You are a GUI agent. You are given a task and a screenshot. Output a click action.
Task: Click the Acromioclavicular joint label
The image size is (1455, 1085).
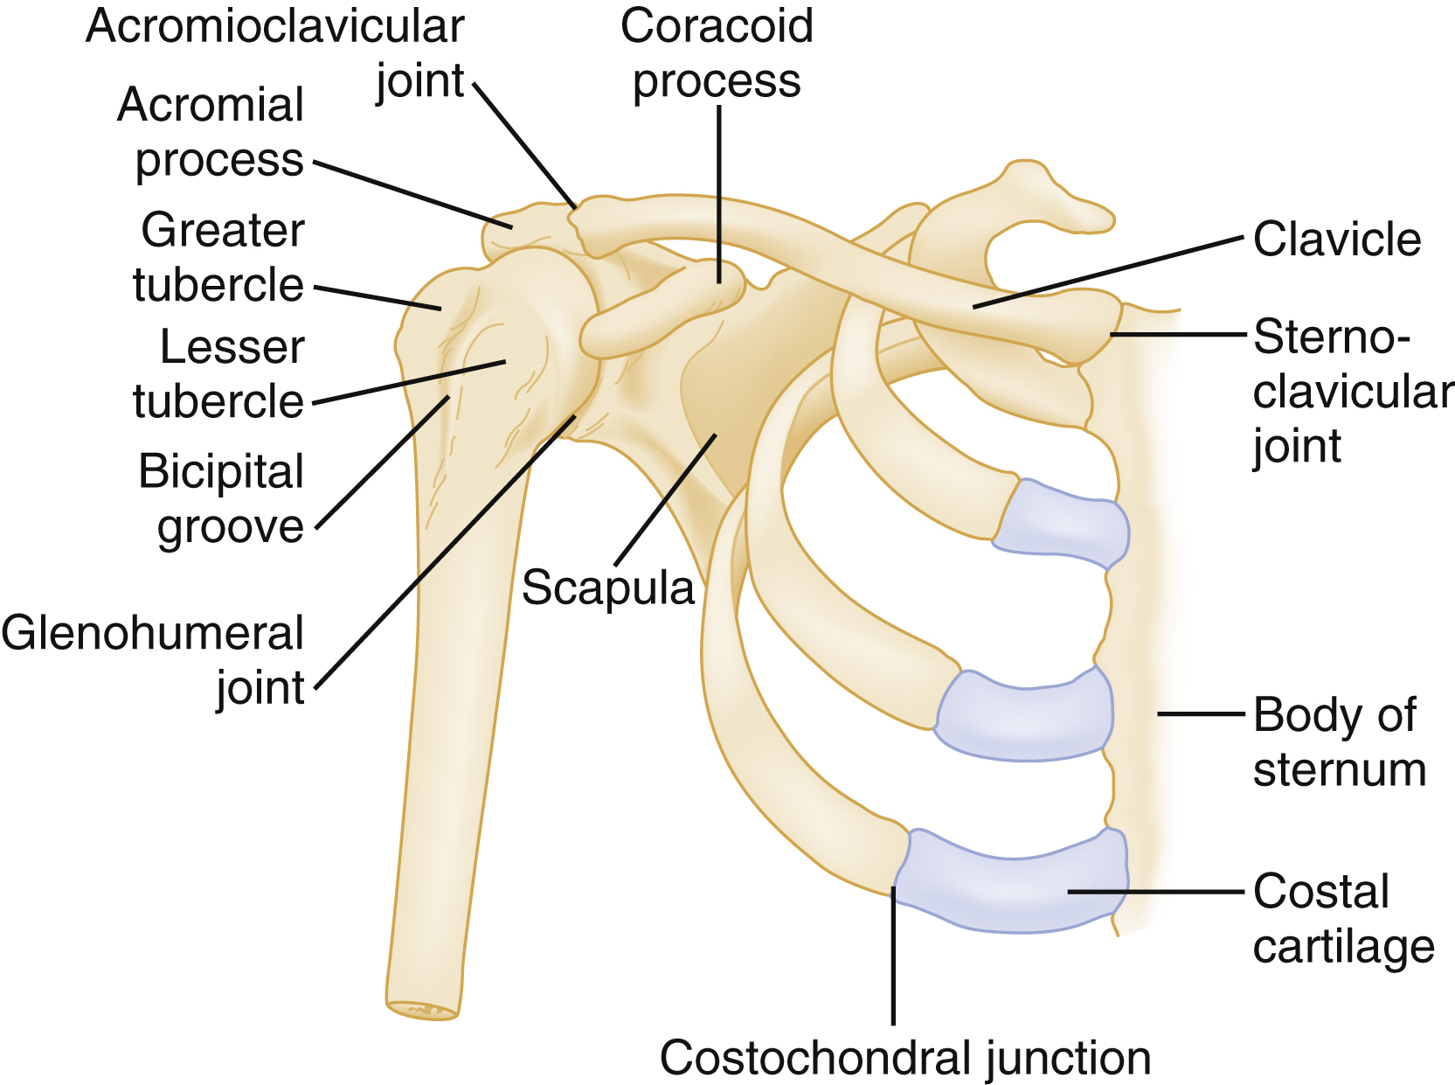pyautogui.click(x=275, y=52)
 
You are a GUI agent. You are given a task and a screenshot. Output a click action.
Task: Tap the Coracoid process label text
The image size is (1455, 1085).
pyautogui.click(x=717, y=52)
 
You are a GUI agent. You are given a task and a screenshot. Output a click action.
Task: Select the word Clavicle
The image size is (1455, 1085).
pyautogui.click(x=1336, y=240)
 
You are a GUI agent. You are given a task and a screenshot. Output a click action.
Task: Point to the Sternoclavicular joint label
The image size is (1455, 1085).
pyautogui.click(x=1350, y=392)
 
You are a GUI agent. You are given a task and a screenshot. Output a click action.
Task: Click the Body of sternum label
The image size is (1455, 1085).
pyautogui.click(x=1337, y=741)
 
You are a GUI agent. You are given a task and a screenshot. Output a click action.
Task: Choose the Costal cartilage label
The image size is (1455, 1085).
pyautogui.click(x=1342, y=919)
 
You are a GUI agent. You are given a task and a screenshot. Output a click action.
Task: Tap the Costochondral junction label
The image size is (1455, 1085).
pyautogui.click(x=904, y=1057)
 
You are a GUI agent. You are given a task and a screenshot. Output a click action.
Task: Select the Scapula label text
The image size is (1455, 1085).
pyautogui.click(x=607, y=588)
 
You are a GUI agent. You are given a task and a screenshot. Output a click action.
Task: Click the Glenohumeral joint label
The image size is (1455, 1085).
pyautogui.click(x=154, y=659)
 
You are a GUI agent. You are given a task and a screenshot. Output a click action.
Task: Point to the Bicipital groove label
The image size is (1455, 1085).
pyautogui.click(x=223, y=498)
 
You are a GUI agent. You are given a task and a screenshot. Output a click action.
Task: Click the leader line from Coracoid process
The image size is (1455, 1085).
pyautogui.click(x=719, y=192)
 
